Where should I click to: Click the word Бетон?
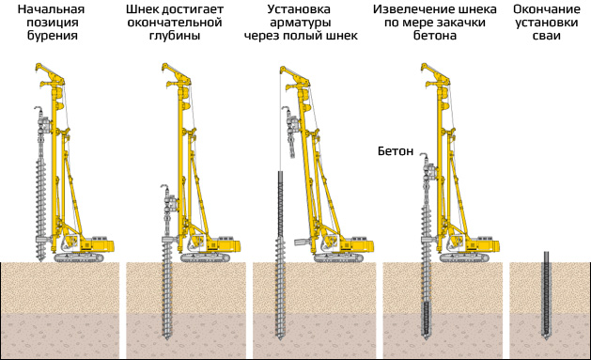tap(396, 150)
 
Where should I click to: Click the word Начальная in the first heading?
tap(47, 8)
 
